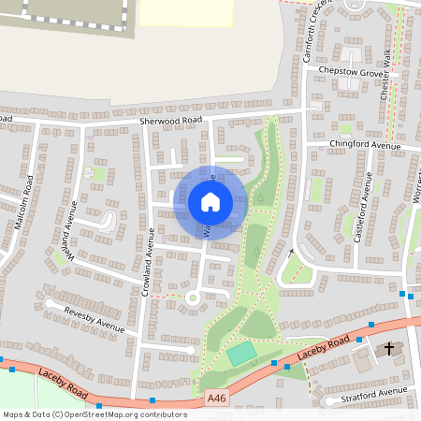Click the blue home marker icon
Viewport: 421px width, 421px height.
[210, 201]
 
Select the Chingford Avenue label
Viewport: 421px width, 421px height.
[365, 145]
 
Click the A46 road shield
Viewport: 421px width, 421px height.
[217, 398]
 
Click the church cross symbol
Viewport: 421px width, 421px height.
[390, 348]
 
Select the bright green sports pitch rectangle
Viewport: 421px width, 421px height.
[241, 354]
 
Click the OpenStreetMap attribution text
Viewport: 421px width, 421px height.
[94, 414]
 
